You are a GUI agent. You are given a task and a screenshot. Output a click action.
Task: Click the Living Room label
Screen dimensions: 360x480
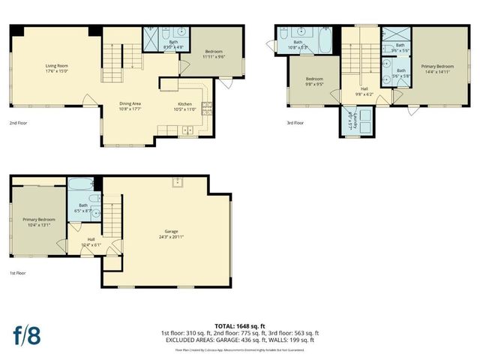pos(57,66)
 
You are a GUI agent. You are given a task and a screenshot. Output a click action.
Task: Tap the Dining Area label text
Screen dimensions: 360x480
pos(130,103)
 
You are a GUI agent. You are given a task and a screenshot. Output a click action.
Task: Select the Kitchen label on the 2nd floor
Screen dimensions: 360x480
pos(185,103)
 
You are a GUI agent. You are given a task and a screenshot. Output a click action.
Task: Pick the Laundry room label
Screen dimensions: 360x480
pos(352,120)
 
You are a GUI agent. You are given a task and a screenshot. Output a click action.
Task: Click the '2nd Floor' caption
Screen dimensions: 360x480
pos(19,122)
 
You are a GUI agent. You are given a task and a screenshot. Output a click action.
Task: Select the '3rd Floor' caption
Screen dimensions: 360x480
pos(295,122)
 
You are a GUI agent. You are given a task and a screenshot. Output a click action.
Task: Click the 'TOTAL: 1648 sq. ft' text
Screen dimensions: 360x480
pos(240,325)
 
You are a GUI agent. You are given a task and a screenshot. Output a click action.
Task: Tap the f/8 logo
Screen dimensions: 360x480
pos(26,334)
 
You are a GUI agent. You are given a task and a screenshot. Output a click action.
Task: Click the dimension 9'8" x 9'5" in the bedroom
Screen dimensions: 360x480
pos(313,84)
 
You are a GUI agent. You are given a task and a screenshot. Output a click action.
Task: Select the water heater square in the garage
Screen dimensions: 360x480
pos(179,183)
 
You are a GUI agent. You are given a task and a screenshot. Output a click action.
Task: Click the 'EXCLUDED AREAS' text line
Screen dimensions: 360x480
pos(240,339)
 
